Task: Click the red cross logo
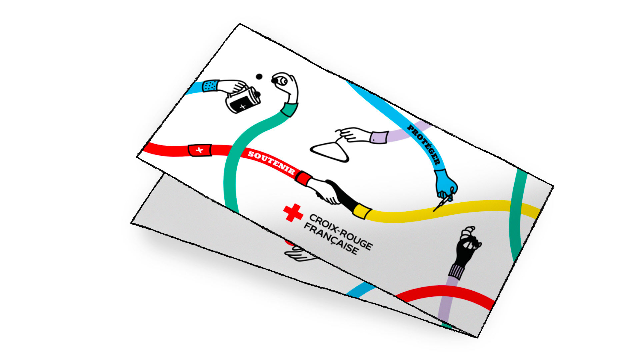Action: tap(293, 213)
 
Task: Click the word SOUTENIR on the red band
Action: tap(271, 163)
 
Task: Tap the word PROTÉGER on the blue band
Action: tap(424, 144)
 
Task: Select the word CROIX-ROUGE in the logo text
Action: tap(341, 232)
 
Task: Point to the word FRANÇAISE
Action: tap(331, 240)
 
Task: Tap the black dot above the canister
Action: tap(259, 77)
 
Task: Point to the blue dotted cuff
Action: tap(210, 86)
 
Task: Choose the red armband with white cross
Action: tap(200, 150)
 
